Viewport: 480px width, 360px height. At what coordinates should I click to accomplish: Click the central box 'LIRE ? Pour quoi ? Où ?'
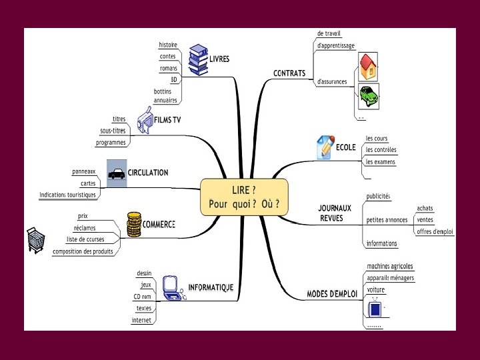244,197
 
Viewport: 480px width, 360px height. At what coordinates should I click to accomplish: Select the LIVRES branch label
219,59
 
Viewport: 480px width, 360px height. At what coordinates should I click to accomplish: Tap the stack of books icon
198,59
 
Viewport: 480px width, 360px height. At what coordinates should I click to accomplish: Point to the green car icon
368,97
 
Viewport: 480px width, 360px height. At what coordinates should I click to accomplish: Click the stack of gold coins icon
134,223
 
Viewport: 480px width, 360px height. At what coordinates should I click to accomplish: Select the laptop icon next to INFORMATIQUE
172,287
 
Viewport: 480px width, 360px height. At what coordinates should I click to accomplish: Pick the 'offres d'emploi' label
435,231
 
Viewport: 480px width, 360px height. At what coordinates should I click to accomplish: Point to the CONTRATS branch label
289,73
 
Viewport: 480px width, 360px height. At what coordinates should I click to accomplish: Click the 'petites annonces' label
387,219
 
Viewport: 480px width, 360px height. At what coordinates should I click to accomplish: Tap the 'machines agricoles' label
390,267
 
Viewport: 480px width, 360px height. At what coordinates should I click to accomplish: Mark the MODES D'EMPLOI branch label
332,293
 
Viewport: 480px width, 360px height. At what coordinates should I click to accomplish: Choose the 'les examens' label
381,161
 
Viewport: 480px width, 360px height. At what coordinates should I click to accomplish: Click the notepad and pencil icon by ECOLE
324,147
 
